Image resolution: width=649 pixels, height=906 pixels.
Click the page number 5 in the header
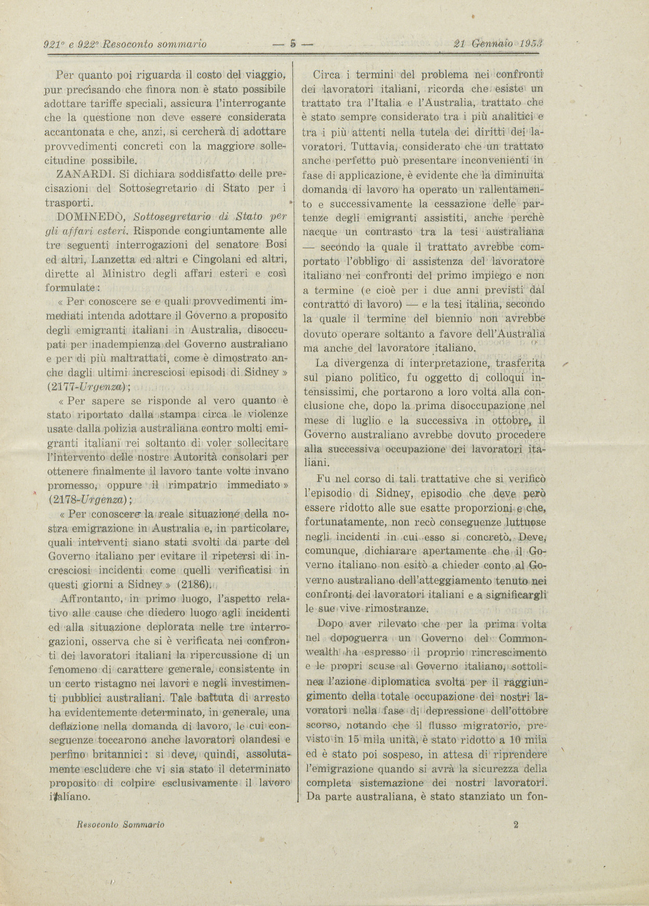[292, 44]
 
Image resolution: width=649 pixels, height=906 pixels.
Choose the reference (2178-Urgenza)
[90, 500]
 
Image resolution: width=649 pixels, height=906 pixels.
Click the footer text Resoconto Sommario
[121, 824]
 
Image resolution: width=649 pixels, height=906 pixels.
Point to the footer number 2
[516, 824]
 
